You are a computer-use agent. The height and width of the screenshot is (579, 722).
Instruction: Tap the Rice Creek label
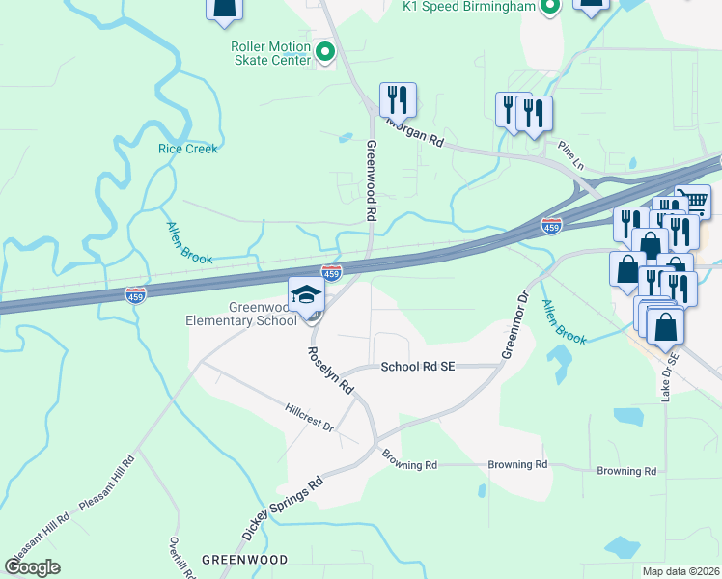click(x=188, y=149)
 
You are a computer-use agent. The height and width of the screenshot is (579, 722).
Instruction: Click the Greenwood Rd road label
click(x=370, y=178)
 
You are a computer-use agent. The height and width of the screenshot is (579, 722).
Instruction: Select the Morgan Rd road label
click(x=416, y=133)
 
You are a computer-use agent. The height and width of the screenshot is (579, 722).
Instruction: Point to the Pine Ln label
click(x=571, y=154)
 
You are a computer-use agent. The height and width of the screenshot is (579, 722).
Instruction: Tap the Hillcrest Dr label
click(x=309, y=418)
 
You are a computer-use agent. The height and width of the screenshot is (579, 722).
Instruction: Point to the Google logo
click(x=33, y=567)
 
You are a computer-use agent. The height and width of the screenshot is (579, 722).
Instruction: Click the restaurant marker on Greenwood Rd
click(x=398, y=99)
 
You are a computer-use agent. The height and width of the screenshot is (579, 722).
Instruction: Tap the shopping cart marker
click(x=692, y=202)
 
